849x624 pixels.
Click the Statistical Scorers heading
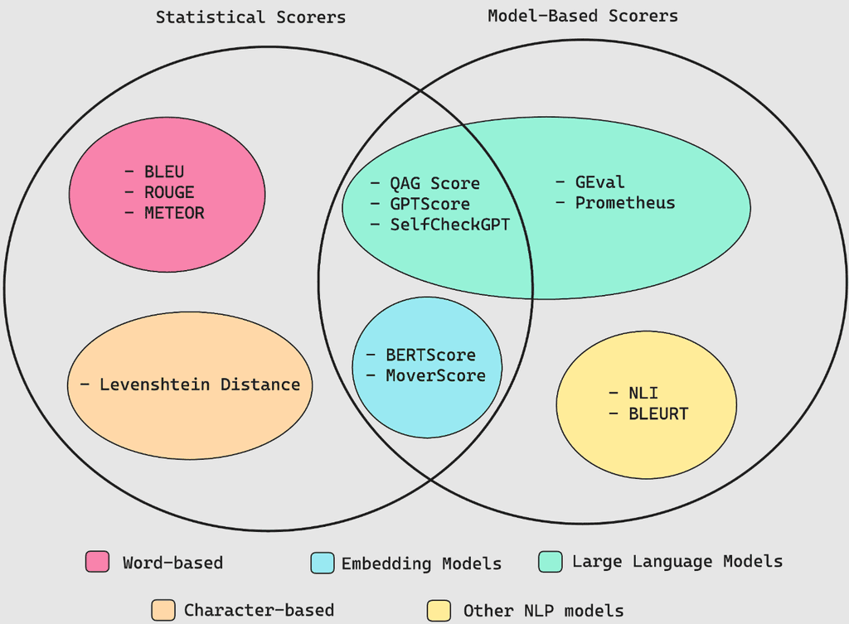[250, 17]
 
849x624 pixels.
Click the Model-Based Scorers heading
[582, 16]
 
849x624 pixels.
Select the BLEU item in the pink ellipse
[164, 172]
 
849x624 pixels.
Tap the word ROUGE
[169, 192]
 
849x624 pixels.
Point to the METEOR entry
[174, 213]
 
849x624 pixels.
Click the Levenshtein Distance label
[199, 385]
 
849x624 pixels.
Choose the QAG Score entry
[435, 183]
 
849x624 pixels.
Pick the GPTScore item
[429, 204]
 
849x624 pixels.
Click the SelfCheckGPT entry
[450, 225]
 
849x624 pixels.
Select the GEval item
[600, 182]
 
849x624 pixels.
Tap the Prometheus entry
[625, 203]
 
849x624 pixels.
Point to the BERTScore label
[430, 355]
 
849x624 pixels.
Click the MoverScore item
[435, 375]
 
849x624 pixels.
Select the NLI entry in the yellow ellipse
[644, 393]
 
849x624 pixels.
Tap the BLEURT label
[659, 414]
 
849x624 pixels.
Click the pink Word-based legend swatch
[98, 562]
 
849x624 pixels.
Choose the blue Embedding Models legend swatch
[323, 563]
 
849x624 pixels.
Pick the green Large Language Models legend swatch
[550, 561]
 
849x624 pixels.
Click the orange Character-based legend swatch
[163, 610]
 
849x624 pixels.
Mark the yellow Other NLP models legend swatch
[439, 610]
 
